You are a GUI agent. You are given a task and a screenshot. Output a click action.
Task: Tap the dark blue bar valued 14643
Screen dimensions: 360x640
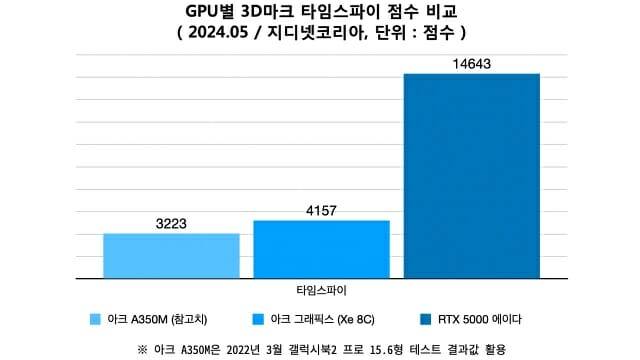(x=471, y=175)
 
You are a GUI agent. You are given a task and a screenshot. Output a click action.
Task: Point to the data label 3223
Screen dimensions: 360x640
(x=171, y=224)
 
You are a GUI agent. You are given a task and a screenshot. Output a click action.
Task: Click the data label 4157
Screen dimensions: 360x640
(x=321, y=211)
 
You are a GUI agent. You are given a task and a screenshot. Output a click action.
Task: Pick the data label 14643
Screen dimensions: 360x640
(x=471, y=64)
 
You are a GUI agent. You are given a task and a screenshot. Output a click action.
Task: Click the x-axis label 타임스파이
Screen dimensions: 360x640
(x=321, y=290)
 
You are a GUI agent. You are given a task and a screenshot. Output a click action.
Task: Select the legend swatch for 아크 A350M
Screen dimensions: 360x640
(x=95, y=319)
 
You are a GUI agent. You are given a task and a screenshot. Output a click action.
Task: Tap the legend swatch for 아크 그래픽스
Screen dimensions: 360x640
(x=260, y=319)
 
